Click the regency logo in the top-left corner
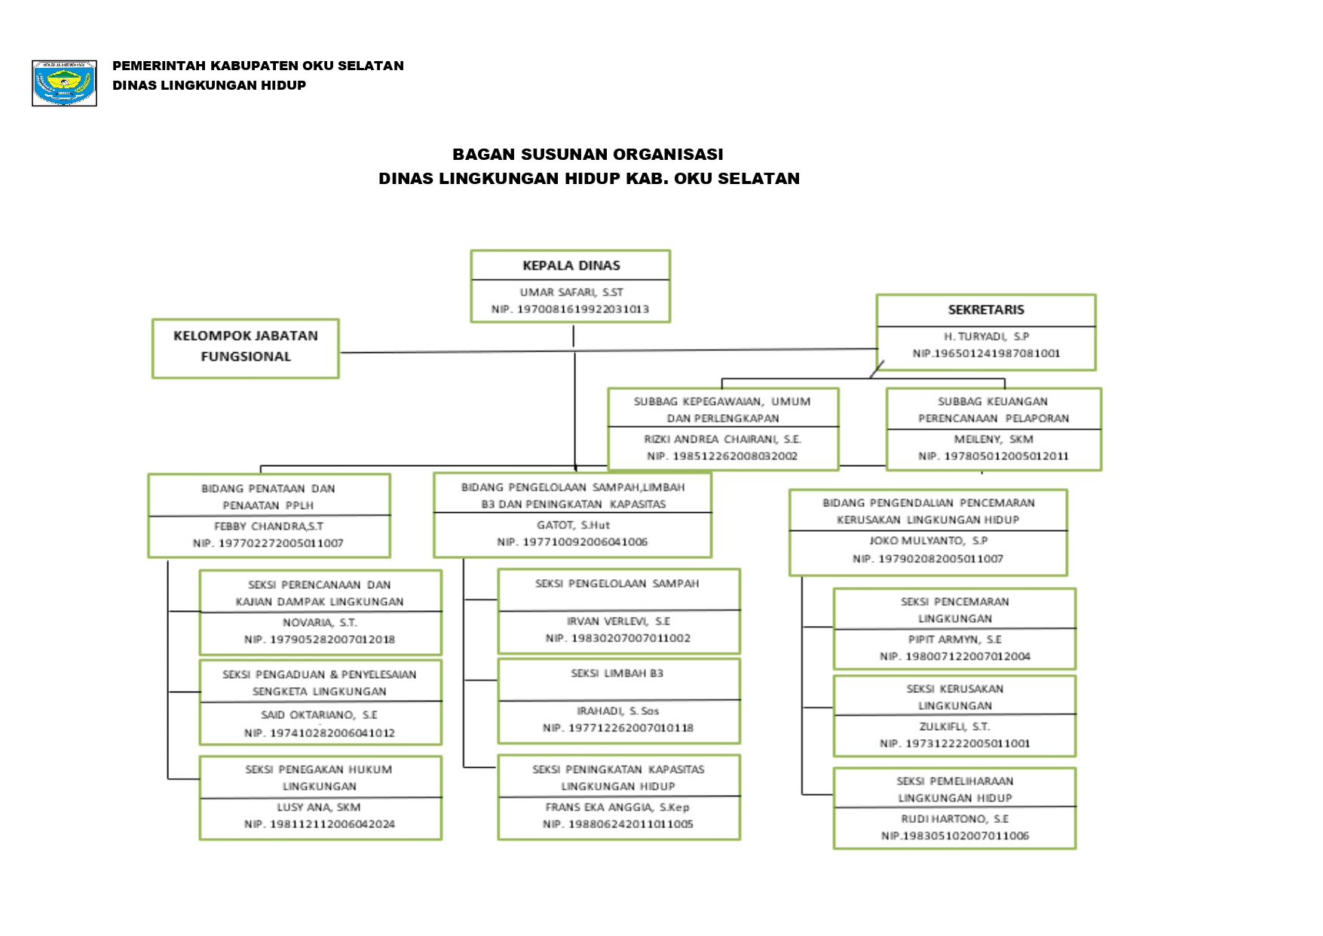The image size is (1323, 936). (64, 83)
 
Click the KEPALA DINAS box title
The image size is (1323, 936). (571, 265)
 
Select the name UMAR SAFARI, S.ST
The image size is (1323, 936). (571, 292)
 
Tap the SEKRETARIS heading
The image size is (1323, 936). (985, 309)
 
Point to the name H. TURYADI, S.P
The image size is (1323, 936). (985, 336)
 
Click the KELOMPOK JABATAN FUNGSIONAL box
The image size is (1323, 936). (246, 347)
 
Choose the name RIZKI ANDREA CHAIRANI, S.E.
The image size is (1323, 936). (722, 439)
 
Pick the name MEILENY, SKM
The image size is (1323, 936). (993, 439)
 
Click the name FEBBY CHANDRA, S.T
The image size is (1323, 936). (268, 526)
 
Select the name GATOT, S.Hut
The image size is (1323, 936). (573, 525)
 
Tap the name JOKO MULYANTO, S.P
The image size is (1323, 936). (928, 541)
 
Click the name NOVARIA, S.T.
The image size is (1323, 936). (320, 622)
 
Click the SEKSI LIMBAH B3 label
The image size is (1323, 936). (617, 674)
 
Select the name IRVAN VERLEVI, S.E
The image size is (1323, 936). (618, 621)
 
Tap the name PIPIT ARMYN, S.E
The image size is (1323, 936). (954, 639)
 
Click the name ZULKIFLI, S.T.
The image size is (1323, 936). (954, 726)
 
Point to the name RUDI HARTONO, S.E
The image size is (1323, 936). (954, 818)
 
